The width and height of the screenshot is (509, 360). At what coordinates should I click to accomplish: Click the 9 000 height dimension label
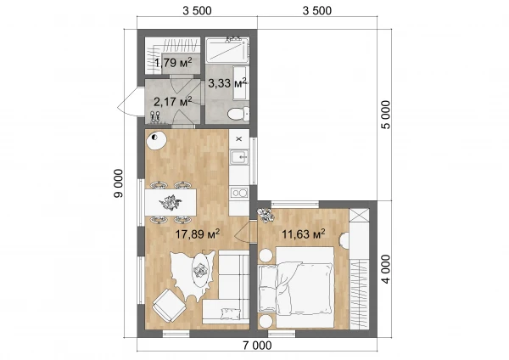pos(119,183)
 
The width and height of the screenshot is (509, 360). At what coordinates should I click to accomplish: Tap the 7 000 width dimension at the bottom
pos(257,346)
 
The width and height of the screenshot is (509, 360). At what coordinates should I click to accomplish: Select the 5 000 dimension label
pos(386,115)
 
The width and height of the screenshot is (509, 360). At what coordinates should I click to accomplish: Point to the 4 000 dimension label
pos(386,269)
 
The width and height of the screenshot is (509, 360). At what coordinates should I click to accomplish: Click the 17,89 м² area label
pos(198,233)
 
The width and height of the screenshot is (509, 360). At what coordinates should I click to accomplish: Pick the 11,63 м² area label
pos(304,233)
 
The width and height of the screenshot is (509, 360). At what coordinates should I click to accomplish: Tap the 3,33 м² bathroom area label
pos(227,83)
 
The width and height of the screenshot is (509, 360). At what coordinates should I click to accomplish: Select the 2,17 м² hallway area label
pos(173,102)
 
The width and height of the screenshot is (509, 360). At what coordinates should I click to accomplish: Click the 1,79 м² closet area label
pos(173,62)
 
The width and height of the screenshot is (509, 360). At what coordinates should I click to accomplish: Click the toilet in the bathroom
pos(238,114)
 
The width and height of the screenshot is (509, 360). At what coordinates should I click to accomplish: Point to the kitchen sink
pos(239,157)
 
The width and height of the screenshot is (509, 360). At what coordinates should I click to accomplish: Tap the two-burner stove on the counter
pos(239,193)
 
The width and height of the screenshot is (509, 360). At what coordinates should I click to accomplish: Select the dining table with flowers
pos(171,202)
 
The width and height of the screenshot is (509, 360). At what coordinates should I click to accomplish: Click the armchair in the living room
pos(169,306)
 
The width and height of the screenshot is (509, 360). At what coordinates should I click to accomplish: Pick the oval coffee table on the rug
pos(200,270)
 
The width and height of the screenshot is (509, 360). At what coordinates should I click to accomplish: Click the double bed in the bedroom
pos(296,287)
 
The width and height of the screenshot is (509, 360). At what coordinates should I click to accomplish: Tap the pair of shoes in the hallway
pos(155,116)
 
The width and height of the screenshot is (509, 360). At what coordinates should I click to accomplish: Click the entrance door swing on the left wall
pos(127,102)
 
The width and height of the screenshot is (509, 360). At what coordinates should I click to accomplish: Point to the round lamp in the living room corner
pos(156,141)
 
